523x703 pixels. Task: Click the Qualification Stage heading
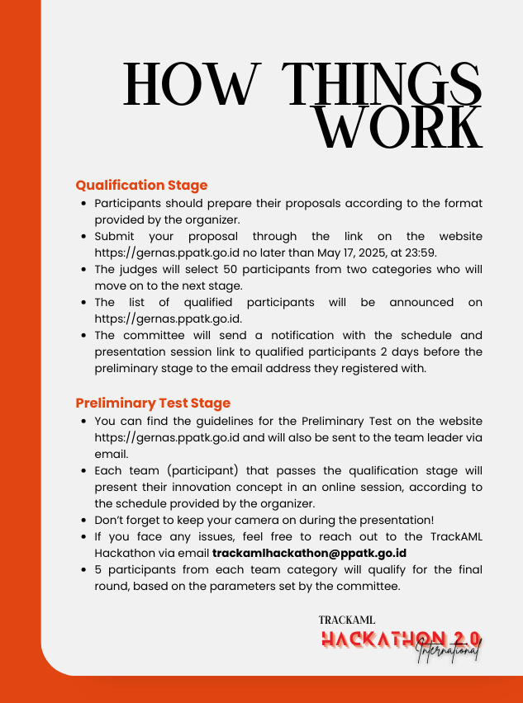[141, 185]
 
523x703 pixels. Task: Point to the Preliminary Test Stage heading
[153, 403]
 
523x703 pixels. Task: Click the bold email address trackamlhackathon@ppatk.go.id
[309, 554]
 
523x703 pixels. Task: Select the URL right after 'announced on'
[165, 319]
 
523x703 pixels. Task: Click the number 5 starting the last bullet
[98, 570]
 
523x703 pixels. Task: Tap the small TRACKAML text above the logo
[347, 619]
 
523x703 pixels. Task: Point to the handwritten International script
[448, 649]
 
